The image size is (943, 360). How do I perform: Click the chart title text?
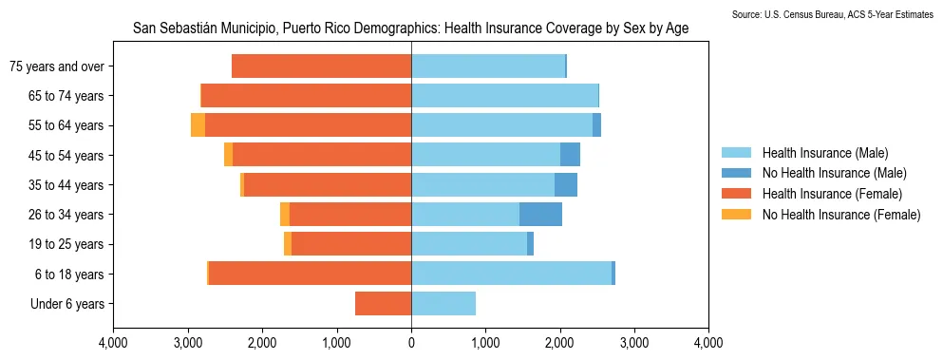[410, 29]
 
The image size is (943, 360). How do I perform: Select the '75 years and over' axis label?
[56, 66]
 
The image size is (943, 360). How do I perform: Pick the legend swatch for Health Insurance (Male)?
[736, 153]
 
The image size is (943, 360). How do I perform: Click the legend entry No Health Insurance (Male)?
[834, 173]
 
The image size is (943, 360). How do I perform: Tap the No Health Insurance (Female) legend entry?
[841, 215]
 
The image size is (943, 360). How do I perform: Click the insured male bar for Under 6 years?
[443, 304]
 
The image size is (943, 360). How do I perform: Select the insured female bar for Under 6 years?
[384, 304]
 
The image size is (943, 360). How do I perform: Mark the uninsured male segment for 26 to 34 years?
[540, 215]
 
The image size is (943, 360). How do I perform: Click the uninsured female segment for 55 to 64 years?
[198, 125]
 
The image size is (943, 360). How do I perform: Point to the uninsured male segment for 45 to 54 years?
[570, 155]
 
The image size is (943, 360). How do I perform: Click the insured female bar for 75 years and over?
[321, 66]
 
